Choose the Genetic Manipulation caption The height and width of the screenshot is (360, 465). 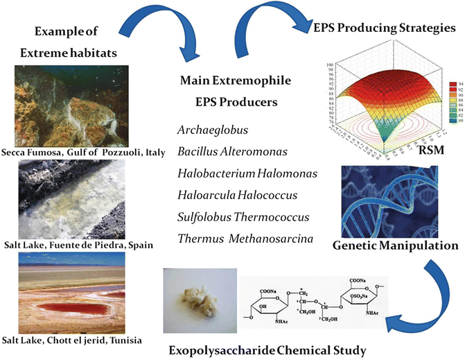pos(396,245)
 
